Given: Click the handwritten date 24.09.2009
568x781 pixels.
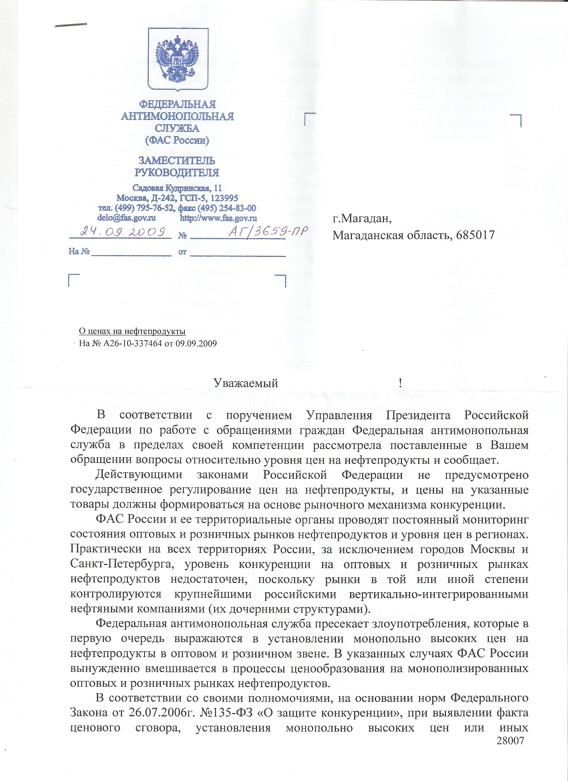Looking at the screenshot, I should pyautogui.click(x=123, y=232).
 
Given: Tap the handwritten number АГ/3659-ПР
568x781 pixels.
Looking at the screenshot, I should pyautogui.click(x=268, y=232).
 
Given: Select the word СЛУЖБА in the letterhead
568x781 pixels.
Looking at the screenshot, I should pyautogui.click(x=177, y=129).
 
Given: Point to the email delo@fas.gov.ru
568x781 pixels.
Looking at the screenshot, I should pyautogui.click(x=126, y=218).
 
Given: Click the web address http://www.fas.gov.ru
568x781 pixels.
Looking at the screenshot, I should pyautogui.click(x=219, y=218).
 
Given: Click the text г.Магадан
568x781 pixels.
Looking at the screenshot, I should pyautogui.click(x=362, y=218).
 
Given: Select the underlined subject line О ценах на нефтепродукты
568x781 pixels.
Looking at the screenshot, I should pyautogui.click(x=132, y=331).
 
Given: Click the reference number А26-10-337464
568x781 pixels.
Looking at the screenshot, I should pyautogui.click(x=132, y=343).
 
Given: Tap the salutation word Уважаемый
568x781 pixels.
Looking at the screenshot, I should pyautogui.click(x=246, y=383).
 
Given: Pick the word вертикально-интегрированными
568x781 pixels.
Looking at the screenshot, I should pyautogui.click(x=438, y=594).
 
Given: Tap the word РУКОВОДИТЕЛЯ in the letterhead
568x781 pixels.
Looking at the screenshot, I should pyautogui.click(x=177, y=172).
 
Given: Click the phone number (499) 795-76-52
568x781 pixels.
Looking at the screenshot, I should pyautogui.click(x=145, y=208).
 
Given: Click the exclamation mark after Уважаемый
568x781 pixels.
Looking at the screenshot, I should pyautogui.click(x=400, y=383).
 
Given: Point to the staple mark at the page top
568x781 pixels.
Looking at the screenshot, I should pyautogui.click(x=70, y=25).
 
